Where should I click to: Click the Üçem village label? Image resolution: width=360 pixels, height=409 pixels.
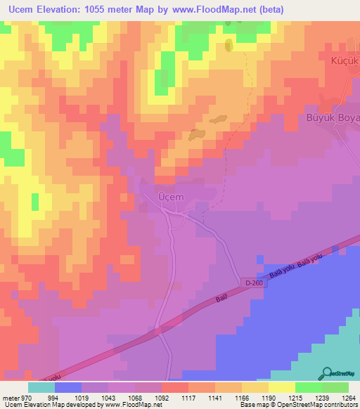tap(171, 197)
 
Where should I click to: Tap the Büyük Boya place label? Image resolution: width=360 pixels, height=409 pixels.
tap(333, 118)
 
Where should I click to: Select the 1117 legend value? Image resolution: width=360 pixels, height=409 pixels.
tap(188, 397)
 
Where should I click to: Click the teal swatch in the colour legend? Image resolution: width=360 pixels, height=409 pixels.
tap(41, 387)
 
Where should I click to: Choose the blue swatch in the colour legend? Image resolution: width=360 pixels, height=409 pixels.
tap(68, 387)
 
